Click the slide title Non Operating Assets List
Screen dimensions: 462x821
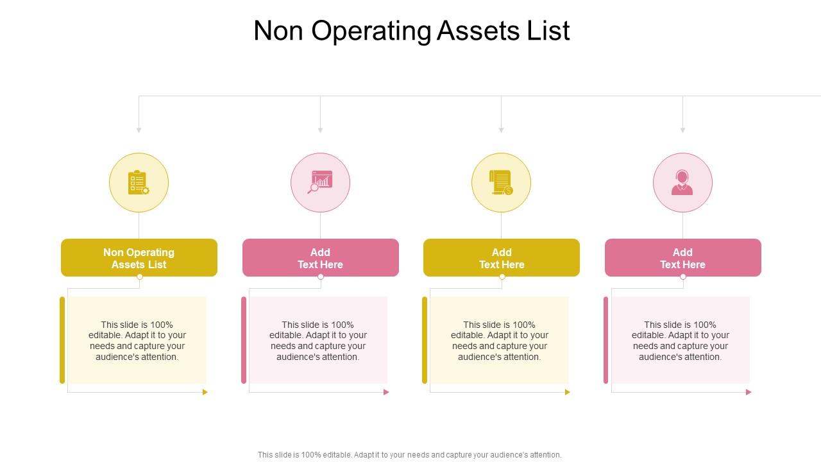click(x=411, y=31)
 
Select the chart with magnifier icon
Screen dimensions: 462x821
click(x=320, y=182)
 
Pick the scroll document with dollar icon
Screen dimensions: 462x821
click(x=502, y=182)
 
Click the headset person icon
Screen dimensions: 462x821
click(x=682, y=182)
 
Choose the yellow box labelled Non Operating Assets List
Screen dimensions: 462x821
click(x=139, y=258)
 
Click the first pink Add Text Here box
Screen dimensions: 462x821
click(x=320, y=258)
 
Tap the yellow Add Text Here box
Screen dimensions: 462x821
click(x=502, y=258)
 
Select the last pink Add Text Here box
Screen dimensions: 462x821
click(x=682, y=258)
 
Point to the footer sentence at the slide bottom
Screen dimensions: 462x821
click(x=410, y=455)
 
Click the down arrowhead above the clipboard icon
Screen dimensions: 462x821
click(x=139, y=130)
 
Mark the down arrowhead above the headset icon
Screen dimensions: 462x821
click(x=682, y=130)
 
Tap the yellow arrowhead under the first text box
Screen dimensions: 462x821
click(x=205, y=392)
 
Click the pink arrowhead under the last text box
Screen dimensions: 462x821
click(x=749, y=392)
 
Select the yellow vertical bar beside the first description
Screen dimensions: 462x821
click(x=62, y=340)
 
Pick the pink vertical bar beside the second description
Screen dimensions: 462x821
click(x=244, y=340)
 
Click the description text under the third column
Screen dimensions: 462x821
click(x=500, y=341)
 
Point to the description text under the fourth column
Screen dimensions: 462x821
click(x=681, y=341)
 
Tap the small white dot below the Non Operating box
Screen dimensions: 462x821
click(x=140, y=277)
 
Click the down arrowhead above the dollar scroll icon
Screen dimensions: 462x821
click(x=501, y=130)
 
